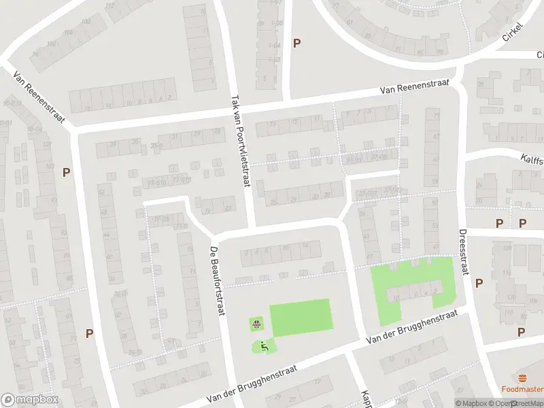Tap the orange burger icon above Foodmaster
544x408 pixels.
point(522,377)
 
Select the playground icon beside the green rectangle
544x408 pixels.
point(257,324)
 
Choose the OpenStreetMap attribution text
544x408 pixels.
point(516,403)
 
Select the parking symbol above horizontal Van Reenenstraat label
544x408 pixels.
point(296,43)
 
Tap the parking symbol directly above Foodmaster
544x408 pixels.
point(522,332)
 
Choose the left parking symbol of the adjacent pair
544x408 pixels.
point(500,223)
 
